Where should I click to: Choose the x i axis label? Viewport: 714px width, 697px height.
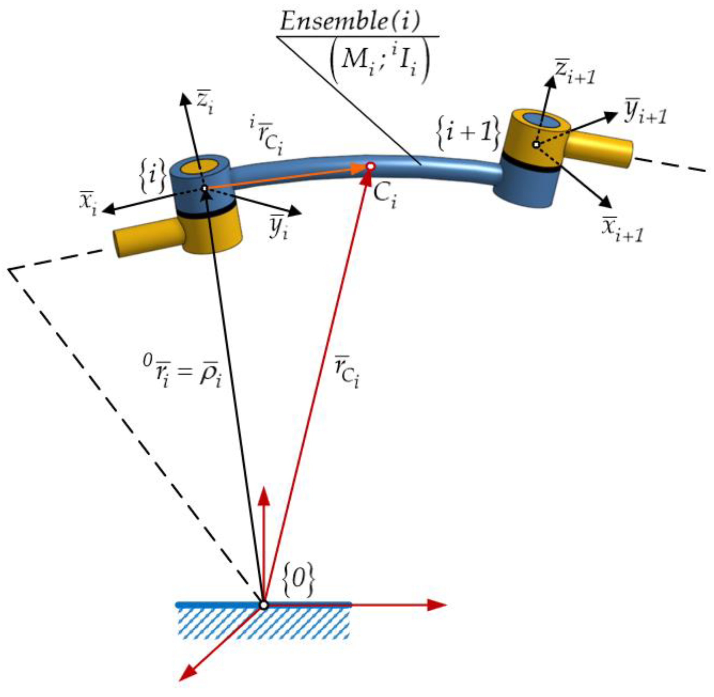(89, 203)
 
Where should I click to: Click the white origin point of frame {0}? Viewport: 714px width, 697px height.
(263, 605)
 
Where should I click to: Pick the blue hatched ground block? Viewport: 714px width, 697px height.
(263, 624)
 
